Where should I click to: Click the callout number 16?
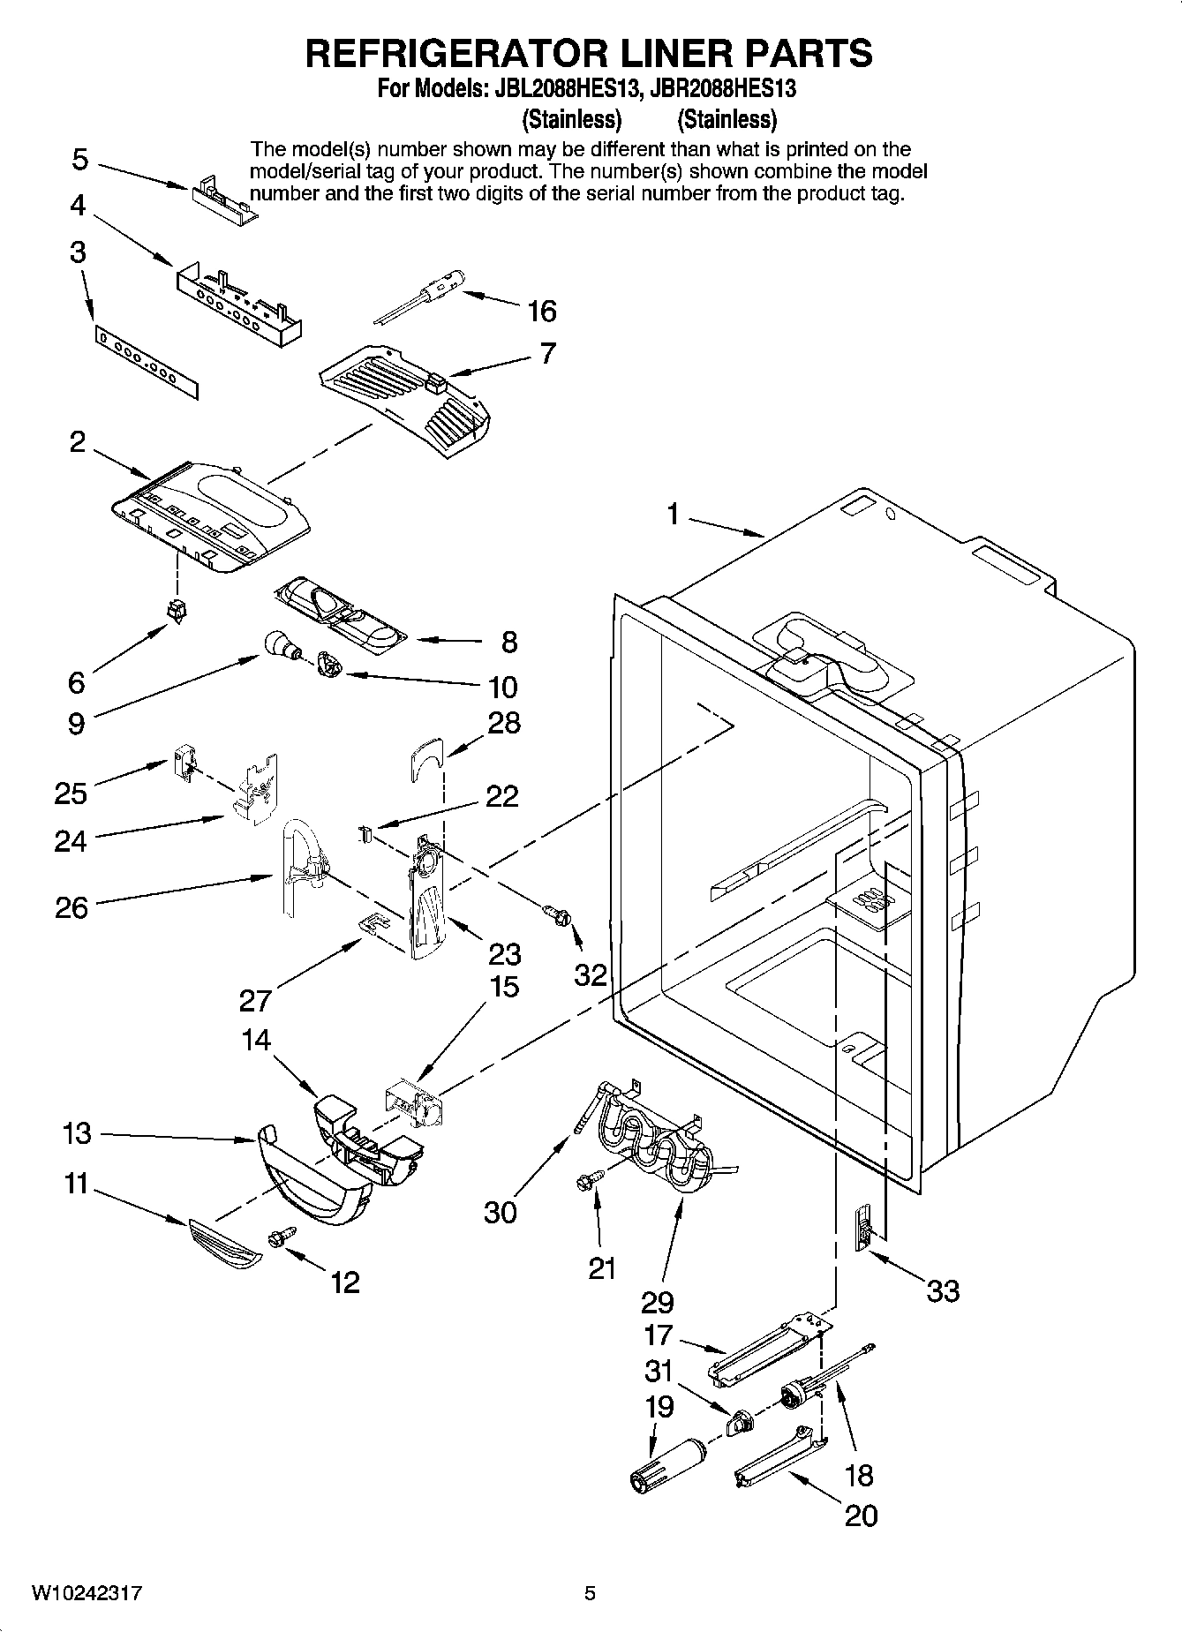coord(542,311)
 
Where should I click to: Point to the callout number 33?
coord(942,1291)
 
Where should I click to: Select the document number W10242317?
coord(87,1593)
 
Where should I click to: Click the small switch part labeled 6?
coord(177,610)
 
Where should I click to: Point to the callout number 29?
coord(658,1302)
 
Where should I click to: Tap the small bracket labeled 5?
coord(223,192)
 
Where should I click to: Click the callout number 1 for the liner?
coord(674,513)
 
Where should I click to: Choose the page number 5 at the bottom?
coord(591,1593)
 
